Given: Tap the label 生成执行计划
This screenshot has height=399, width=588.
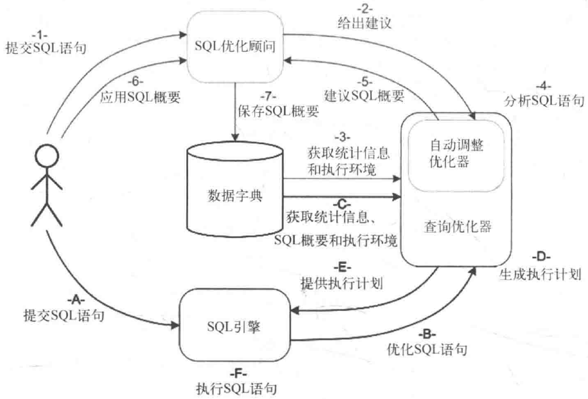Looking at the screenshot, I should (540, 274).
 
